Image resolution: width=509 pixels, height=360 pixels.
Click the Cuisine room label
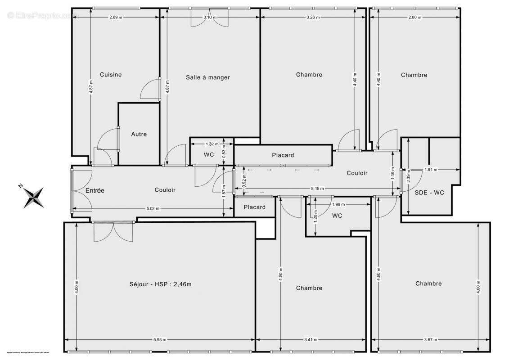(x=111, y=75)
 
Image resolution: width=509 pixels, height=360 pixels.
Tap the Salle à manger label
(x=207, y=77)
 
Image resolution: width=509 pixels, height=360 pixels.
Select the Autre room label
(x=139, y=134)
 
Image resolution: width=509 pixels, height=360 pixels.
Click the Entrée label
(x=95, y=190)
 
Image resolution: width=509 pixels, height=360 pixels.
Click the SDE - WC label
(x=429, y=193)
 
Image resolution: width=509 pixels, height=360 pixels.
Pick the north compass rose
(x=34, y=197)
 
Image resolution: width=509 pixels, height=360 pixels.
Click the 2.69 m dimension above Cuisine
(x=116, y=17)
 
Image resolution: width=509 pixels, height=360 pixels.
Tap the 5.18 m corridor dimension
(x=318, y=189)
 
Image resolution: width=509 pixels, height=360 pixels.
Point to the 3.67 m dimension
(x=430, y=340)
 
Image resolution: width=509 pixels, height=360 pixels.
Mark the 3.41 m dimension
(x=311, y=340)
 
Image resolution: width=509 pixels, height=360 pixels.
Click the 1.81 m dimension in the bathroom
(x=431, y=170)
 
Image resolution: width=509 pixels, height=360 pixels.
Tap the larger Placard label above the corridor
(x=283, y=155)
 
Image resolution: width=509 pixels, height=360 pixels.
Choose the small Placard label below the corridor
(x=254, y=207)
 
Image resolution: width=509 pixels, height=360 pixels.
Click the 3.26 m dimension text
(x=313, y=17)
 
